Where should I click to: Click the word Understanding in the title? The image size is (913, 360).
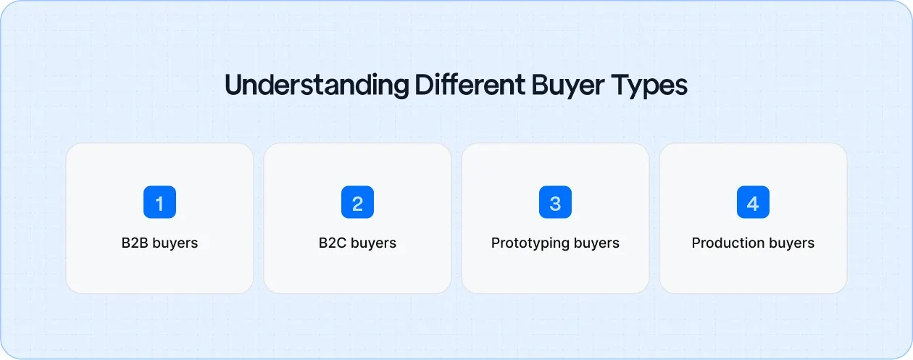(x=317, y=85)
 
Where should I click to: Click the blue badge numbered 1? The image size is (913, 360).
(x=159, y=203)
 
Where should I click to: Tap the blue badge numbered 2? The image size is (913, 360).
(x=357, y=203)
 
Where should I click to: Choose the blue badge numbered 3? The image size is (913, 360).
(x=555, y=203)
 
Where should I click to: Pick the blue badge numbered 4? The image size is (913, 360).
(x=753, y=203)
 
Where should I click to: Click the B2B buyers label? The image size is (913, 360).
(x=159, y=243)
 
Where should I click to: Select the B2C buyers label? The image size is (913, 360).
(x=357, y=243)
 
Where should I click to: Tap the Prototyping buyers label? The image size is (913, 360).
(x=555, y=243)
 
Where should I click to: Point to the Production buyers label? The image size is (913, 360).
(x=753, y=243)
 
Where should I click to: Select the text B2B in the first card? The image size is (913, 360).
(x=135, y=243)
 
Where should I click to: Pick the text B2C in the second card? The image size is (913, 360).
(x=333, y=243)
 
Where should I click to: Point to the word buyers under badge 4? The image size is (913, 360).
(x=792, y=243)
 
